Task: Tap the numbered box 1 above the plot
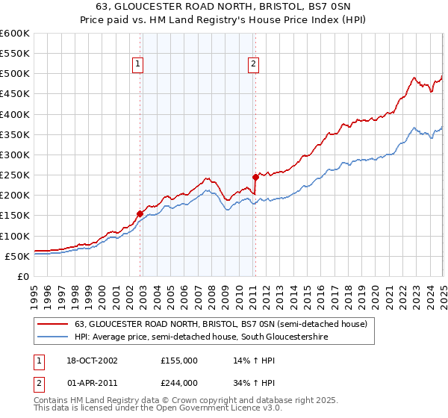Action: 139,65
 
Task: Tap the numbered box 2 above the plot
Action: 253,65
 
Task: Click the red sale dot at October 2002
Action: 140,213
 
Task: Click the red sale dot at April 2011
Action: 255,177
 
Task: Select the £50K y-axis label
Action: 17,256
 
